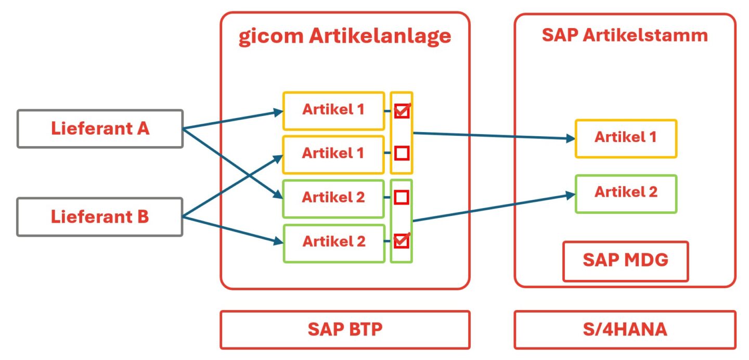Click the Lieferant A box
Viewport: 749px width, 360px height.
click(x=100, y=128)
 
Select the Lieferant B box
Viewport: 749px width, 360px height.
click(x=100, y=217)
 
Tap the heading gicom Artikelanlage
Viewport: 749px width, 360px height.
click(x=344, y=37)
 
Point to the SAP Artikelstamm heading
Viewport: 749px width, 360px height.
click(x=625, y=35)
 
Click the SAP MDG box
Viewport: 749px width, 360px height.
click(x=625, y=261)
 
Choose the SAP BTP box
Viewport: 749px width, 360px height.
click(x=344, y=330)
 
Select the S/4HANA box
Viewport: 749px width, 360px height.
click(x=625, y=330)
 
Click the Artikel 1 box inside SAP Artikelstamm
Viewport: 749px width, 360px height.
click(x=625, y=138)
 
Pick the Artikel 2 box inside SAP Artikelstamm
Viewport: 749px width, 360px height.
click(x=625, y=194)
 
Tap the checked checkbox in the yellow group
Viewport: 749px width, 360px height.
click(x=402, y=111)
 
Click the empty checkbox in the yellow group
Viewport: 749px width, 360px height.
click(x=402, y=153)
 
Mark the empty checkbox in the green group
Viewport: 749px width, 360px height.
click(x=402, y=197)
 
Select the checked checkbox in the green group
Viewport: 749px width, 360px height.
click(x=402, y=241)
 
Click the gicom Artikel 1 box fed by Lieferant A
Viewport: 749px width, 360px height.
click(x=333, y=111)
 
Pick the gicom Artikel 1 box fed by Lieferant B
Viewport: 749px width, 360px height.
click(x=333, y=155)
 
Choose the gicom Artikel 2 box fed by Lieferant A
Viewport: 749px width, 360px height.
click(x=333, y=198)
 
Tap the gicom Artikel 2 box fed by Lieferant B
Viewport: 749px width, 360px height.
click(x=333, y=242)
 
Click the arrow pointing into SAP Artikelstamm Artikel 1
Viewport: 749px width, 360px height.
click(x=494, y=136)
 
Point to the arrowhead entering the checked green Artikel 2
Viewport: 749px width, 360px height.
click(x=278, y=241)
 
